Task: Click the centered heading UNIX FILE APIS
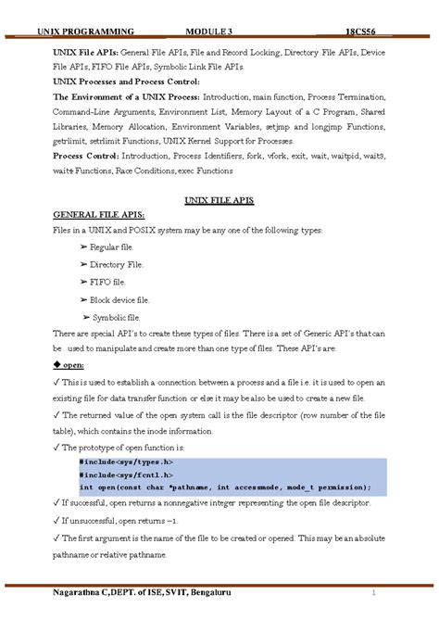pos(219,201)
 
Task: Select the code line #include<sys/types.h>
pos(124,461)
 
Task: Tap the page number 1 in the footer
pos(373,591)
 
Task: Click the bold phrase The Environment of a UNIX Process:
pos(126,95)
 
